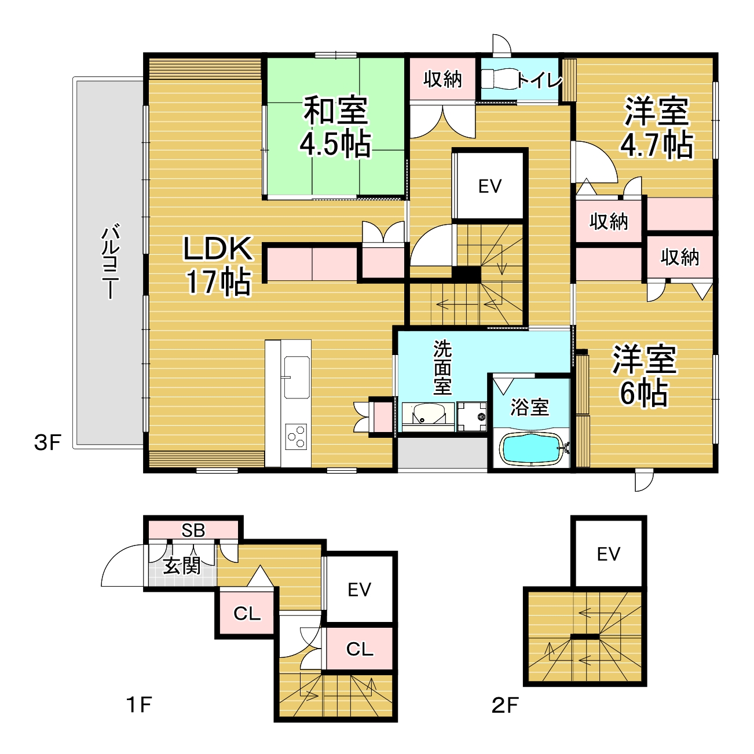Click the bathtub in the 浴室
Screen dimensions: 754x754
coord(533,449)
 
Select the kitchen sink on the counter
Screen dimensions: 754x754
coord(297,377)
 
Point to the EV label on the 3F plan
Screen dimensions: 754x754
coord(489,186)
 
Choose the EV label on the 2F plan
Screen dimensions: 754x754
coord(609,554)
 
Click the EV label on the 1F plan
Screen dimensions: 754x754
coord(359,590)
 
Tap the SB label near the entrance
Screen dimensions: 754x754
coord(193,530)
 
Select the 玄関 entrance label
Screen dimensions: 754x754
coord(182,566)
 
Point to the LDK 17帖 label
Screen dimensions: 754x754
coord(218,265)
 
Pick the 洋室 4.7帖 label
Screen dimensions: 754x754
coord(657,127)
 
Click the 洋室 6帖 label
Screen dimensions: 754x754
coord(645,376)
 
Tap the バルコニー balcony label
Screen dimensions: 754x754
coord(111,261)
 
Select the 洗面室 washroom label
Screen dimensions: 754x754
coord(442,368)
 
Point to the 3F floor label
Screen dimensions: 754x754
coord(47,443)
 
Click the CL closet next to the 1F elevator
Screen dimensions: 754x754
coord(360,649)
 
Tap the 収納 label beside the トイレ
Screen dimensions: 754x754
coord(442,79)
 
